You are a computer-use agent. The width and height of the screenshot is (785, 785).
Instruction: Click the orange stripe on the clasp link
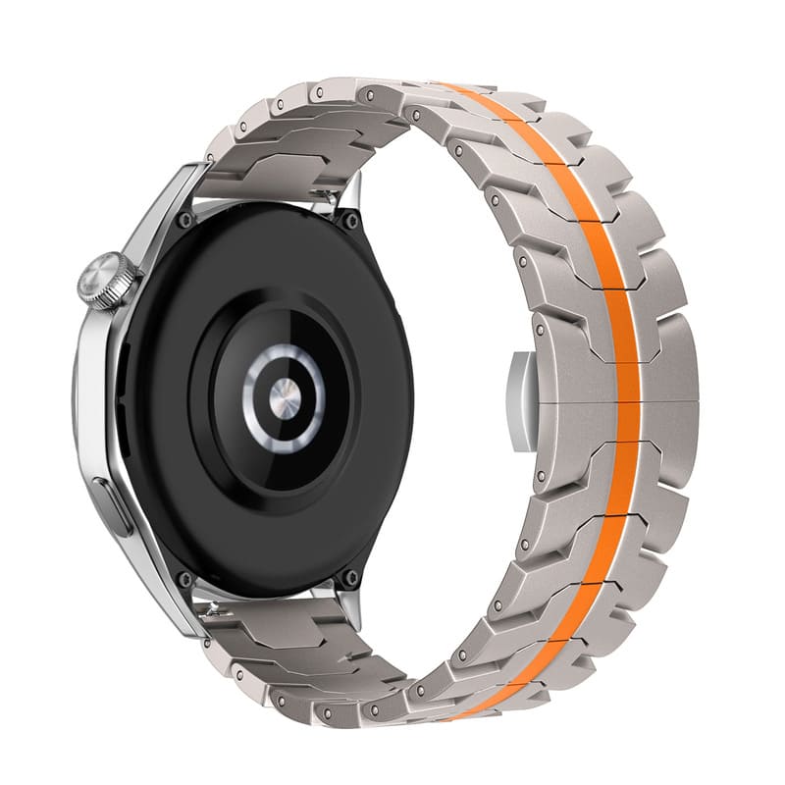[627, 400]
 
